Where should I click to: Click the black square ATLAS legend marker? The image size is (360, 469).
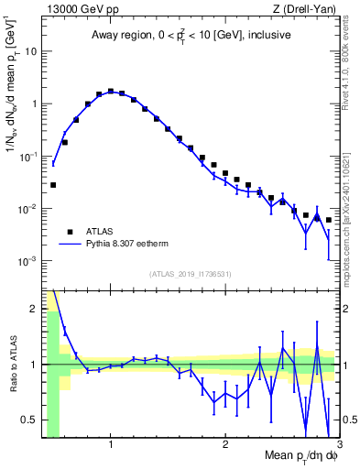(70, 232)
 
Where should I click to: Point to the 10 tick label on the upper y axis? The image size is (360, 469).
(30, 50)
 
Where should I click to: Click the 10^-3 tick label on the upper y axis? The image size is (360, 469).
(27, 261)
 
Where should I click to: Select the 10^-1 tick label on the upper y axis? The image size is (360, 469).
(27, 156)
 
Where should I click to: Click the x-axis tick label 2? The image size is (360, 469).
(224, 445)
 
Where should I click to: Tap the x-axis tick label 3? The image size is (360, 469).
(338, 445)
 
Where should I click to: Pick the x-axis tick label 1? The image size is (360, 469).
(110, 445)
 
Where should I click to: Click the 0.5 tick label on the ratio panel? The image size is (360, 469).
(29, 420)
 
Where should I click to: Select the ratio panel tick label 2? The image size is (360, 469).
(34, 308)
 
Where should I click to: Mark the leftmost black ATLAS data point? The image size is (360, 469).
(53, 185)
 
